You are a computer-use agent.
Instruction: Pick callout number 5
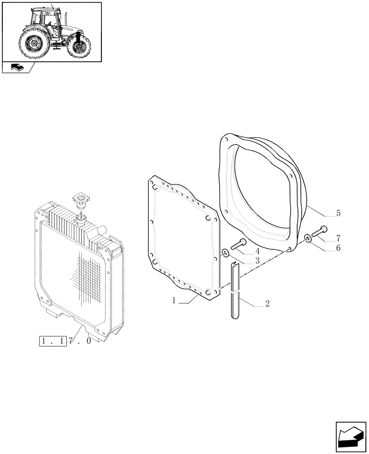click(338, 213)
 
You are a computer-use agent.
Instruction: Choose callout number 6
click(338, 248)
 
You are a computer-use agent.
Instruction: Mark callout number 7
click(338, 238)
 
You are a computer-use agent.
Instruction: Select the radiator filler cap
click(80, 199)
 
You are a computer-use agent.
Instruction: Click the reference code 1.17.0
click(65, 341)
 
